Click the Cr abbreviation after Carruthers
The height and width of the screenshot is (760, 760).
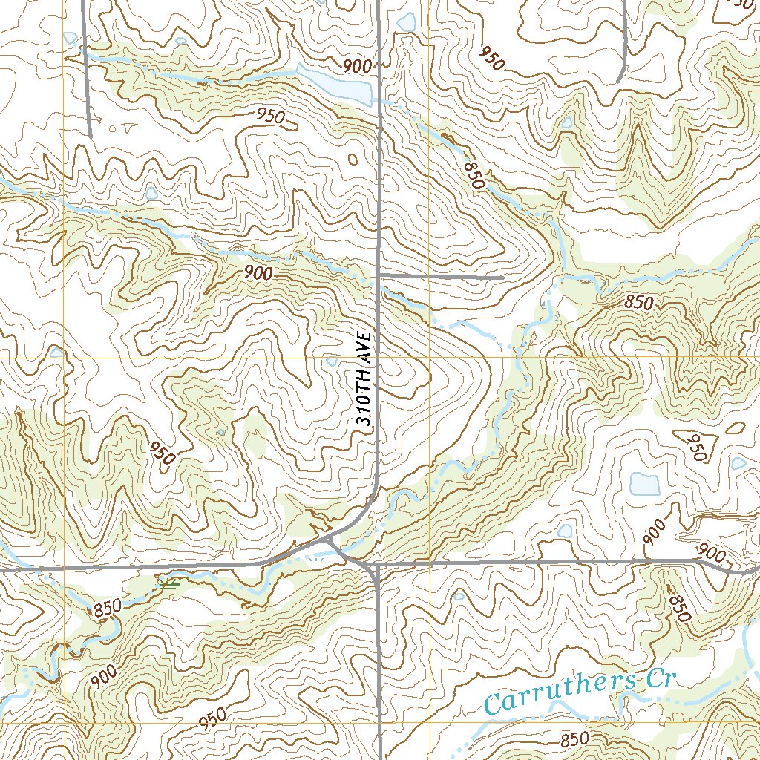(x=657, y=678)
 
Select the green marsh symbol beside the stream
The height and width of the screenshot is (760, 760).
(x=170, y=585)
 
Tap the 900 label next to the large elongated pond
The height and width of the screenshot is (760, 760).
(x=357, y=66)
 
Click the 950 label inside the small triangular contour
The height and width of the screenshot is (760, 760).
(x=698, y=448)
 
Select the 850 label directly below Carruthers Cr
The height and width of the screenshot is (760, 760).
(x=574, y=738)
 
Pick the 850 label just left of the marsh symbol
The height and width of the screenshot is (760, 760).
(x=107, y=608)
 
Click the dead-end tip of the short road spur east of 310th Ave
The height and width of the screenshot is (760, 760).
(x=503, y=277)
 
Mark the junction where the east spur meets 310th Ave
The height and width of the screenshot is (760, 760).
(x=379, y=276)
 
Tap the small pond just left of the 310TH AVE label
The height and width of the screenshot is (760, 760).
(x=332, y=362)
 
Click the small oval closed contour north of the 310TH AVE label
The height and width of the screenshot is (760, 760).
(x=352, y=159)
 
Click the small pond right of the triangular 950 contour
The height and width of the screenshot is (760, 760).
(x=738, y=463)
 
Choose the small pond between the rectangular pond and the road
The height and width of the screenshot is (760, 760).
(x=565, y=531)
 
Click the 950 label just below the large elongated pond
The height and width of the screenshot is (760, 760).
(x=272, y=116)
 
